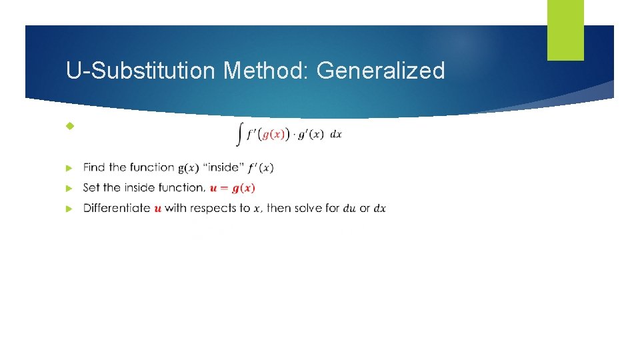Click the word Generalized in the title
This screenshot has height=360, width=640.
tap(381, 71)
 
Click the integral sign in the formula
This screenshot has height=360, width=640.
tap(239, 135)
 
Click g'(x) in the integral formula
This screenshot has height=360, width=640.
tap(310, 134)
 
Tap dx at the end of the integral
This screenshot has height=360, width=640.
tap(336, 134)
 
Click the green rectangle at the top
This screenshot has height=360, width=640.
tap(565, 29)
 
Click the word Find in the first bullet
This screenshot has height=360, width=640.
tap(95, 167)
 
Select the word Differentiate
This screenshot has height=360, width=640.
tap(117, 208)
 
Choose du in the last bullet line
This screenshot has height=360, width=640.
tap(349, 208)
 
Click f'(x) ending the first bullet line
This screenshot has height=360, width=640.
tap(261, 167)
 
